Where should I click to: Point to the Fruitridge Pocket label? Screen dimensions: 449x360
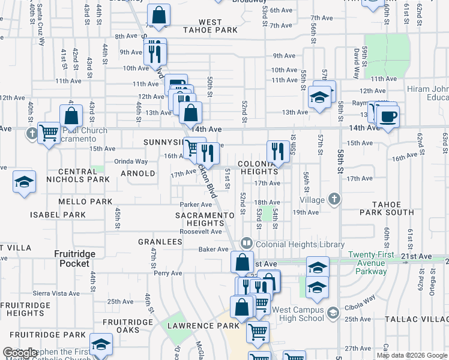pos(75,259)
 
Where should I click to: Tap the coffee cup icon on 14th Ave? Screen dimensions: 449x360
pos(388,115)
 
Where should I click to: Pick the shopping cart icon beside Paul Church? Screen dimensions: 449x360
pos(49,131)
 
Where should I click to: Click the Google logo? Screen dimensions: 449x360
pos(19,353)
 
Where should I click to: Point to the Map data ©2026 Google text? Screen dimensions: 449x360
pos(412,355)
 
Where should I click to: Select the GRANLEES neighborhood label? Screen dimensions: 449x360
pos(160,242)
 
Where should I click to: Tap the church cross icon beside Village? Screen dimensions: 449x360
pos(334,199)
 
